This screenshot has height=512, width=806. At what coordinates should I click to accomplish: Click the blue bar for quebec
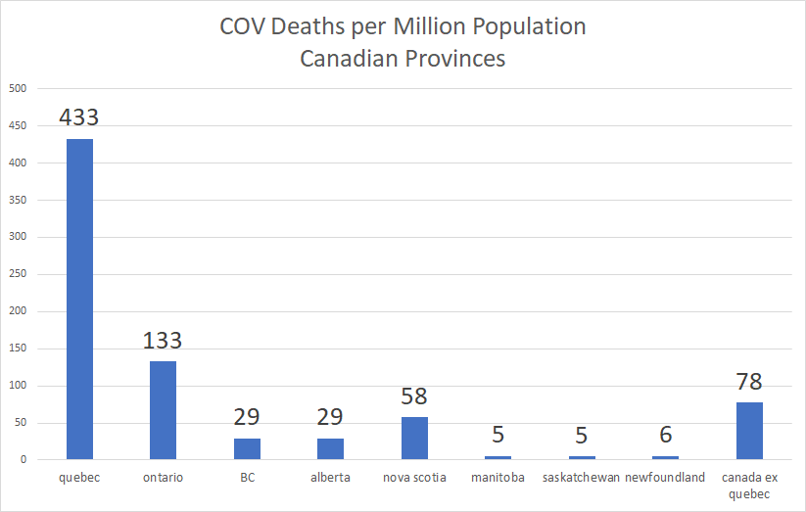click(79, 299)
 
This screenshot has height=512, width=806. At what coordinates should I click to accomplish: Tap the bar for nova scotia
click(414, 439)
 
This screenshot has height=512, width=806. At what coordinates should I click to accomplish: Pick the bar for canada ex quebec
click(749, 431)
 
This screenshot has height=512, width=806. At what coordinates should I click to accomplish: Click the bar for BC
click(247, 449)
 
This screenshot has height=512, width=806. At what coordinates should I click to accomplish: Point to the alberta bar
click(330, 449)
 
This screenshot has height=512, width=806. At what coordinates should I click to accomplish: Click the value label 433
click(79, 117)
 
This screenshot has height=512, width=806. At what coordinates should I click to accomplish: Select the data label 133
click(163, 341)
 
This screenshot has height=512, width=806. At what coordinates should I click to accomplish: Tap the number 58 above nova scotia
click(414, 396)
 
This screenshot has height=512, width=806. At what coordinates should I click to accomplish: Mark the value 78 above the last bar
click(749, 382)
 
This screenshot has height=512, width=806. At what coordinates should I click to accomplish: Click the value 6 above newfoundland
click(666, 436)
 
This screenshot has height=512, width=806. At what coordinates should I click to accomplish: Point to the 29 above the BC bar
click(247, 418)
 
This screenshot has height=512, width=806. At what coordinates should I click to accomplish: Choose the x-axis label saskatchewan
click(581, 478)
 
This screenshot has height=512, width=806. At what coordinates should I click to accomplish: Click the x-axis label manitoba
click(498, 478)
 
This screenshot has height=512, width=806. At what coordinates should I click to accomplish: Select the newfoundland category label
click(666, 478)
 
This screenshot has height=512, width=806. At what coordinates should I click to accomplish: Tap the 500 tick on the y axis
click(17, 88)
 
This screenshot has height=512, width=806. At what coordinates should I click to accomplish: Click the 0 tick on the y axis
click(22, 460)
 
